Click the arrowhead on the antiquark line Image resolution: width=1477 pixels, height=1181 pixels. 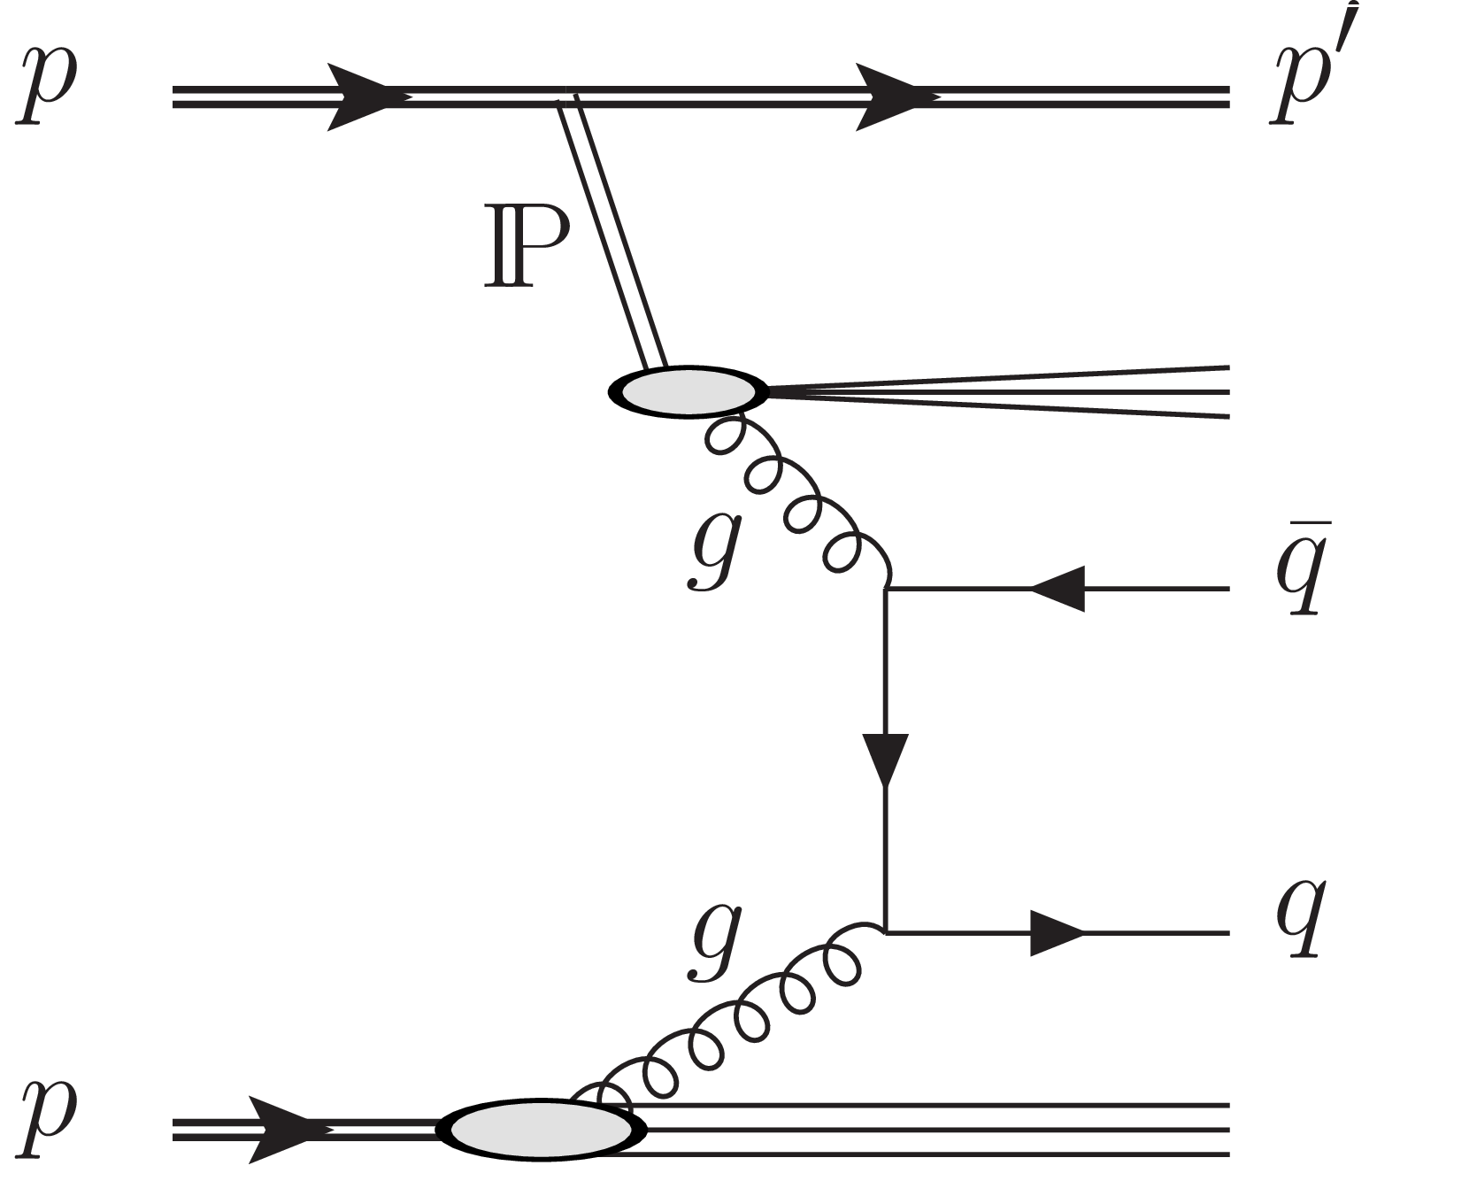1058,588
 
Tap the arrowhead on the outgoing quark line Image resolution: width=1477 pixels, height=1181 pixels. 1058,932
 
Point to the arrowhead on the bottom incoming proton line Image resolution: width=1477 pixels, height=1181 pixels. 283,1129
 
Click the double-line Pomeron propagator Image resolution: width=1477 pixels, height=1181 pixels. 611,235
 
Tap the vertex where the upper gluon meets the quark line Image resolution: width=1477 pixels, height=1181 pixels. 886,588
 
